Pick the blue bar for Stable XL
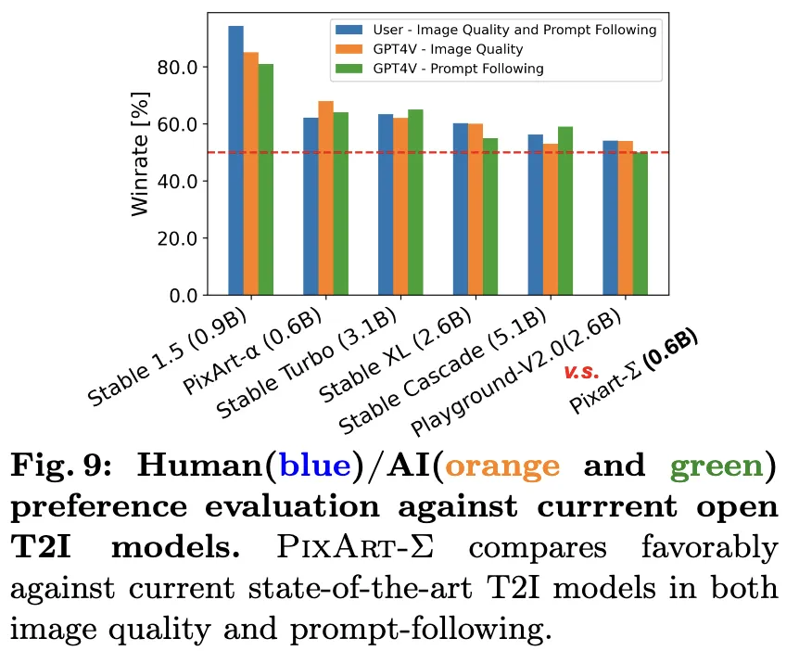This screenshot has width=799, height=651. point(460,209)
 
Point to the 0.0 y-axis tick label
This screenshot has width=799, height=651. point(185,295)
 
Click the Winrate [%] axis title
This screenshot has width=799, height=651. point(140,154)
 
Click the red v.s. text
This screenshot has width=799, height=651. point(582,371)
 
